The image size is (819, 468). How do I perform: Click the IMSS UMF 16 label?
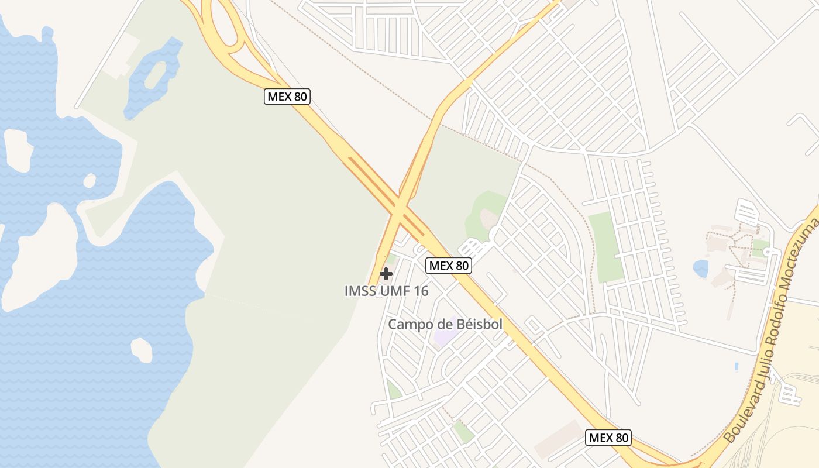[x=386, y=291]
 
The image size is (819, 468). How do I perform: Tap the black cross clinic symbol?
[x=386, y=273]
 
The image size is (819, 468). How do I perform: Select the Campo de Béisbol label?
[x=445, y=324]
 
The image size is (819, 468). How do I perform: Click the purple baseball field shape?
[x=446, y=338]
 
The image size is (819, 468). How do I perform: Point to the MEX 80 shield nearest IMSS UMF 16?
[x=448, y=266]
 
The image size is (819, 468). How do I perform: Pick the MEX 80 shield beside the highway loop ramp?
[x=287, y=97]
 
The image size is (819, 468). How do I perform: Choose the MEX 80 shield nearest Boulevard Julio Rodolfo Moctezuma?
[x=608, y=438]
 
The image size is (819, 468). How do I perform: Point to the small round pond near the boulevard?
[x=700, y=269]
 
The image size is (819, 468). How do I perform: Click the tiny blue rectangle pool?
[x=736, y=367]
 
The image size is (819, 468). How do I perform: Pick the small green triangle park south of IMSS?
[x=393, y=390]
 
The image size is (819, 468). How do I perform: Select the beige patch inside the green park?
[x=488, y=219]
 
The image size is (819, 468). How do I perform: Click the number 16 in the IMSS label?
[x=420, y=291]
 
